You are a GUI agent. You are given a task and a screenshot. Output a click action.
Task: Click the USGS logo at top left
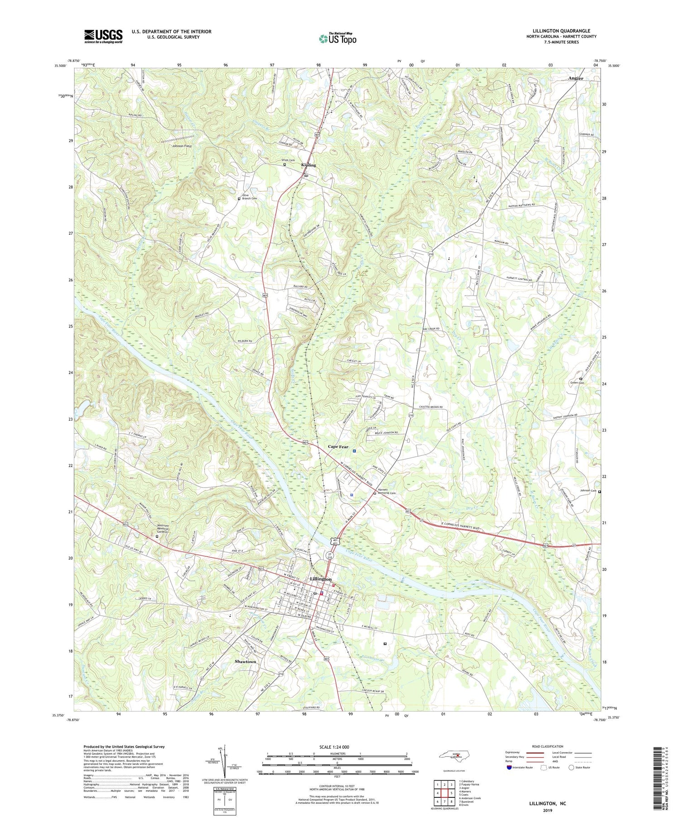(x=103, y=36)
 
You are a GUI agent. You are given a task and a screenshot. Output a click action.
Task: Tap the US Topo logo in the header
(x=338, y=38)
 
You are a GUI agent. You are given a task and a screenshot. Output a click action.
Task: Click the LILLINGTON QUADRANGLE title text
(x=561, y=31)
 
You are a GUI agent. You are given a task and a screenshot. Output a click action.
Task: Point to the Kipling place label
(x=309, y=165)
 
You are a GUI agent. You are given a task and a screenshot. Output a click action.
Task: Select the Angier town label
(x=576, y=78)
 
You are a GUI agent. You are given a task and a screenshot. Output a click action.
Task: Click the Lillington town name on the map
(x=320, y=579)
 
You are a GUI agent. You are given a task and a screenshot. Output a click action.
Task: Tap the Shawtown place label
(x=245, y=661)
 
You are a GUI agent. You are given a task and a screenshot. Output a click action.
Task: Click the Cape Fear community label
(x=338, y=446)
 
